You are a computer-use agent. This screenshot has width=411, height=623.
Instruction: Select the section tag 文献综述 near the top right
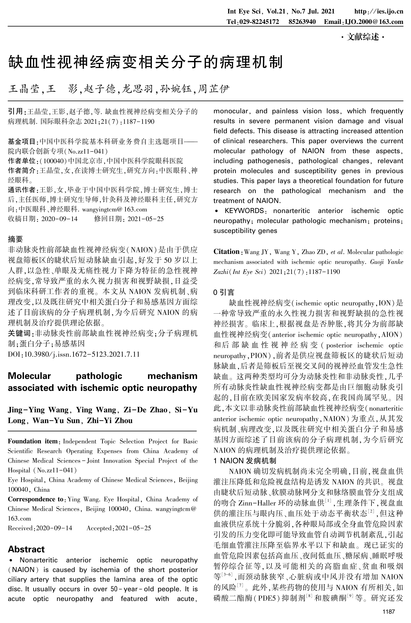363,38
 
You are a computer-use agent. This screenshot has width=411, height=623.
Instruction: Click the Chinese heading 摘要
15,239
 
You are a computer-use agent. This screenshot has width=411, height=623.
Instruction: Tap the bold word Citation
226,252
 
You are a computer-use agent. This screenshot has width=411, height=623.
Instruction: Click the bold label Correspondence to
35,499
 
